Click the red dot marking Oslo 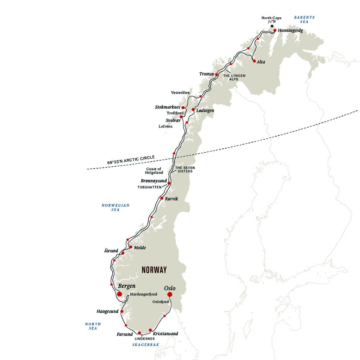tap(170, 294)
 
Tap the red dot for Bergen tap(120, 294)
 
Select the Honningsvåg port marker tap(275, 31)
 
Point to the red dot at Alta tap(255, 61)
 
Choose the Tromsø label tap(207, 74)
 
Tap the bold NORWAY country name tap(154, 270)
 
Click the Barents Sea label tap(304, 19)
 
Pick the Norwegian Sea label tap(115, 207)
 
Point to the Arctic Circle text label tap(131, 159)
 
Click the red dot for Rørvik tap(162, 198)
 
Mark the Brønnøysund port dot tap(169, 183)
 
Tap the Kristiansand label tap(165, 334)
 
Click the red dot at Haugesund tap(122, 311)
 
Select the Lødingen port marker tap(193, 109)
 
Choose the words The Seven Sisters tap(184, 170)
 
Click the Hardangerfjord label tap(144, 294)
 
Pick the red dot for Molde tap(131, 247)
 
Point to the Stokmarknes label tap(167, 107)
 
